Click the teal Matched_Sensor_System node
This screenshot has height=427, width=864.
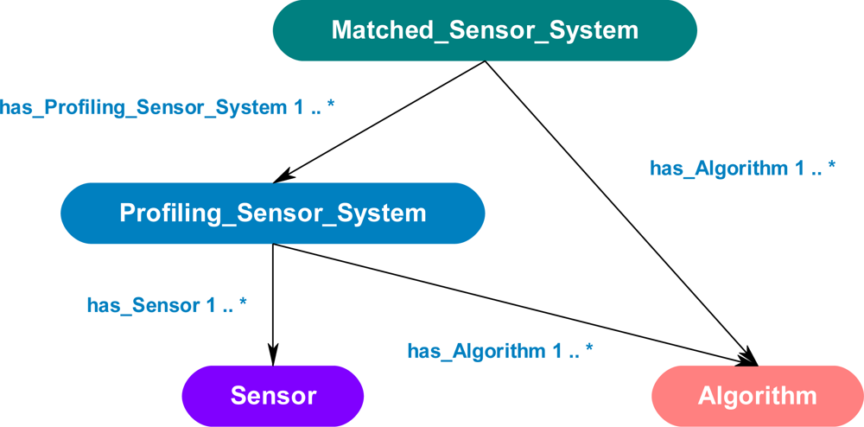(485, 30)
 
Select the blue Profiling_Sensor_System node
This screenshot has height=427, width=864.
(272, 213)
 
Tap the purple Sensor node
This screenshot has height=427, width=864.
(273, 396)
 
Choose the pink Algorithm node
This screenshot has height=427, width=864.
(757, 396)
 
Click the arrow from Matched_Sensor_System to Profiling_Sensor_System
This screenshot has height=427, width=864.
(380, 122)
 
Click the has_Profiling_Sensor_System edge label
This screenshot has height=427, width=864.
(167, 107)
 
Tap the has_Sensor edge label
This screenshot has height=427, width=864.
(167, 305)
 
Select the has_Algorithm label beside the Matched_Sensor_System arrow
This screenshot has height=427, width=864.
(742, 169)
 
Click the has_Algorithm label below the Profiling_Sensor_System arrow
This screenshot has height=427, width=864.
(500, 351)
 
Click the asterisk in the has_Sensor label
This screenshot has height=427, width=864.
(243, 303)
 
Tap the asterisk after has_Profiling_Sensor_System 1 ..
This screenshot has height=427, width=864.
(330, 105)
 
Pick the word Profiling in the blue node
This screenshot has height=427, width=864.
(168, 213)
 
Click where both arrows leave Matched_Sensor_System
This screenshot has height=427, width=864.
(486, 61)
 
